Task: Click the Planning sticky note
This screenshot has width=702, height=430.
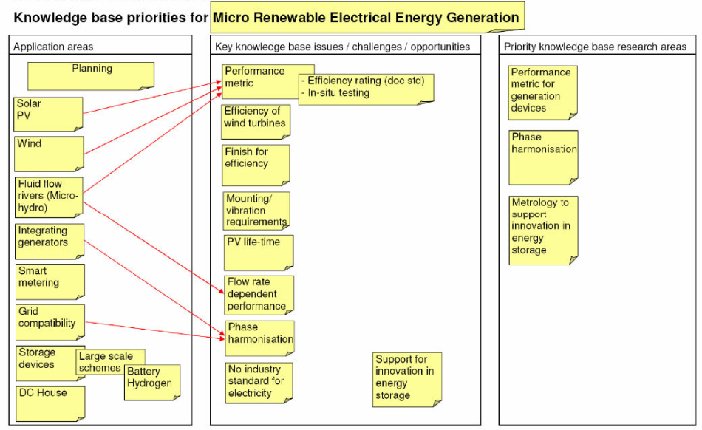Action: point(91,76)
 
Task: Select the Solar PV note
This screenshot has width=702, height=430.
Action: point(48,114)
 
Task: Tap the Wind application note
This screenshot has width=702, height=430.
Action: point(49,154)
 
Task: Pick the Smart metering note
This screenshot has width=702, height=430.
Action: point(50,281)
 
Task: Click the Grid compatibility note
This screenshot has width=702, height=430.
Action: point(50,322)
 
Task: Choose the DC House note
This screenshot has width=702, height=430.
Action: point(50,403)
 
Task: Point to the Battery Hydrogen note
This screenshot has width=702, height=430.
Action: point(152,383)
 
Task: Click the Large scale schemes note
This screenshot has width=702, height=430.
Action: point(110,362)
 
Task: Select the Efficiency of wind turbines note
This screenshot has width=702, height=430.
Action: point(256,122)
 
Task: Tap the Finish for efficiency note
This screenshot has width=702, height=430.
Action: point(256,165)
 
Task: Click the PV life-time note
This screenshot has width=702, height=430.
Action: point(259,253)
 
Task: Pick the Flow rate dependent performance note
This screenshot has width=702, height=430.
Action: point(259,295)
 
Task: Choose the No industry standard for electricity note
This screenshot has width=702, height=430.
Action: point(259,383)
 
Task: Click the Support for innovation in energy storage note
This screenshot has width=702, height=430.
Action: point(407,380)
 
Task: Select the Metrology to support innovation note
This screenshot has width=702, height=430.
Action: point(544,231)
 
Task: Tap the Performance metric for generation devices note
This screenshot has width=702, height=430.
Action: point(542,93)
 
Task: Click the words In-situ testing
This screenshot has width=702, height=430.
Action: point(338,92)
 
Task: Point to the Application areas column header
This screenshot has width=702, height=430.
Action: point(53,47)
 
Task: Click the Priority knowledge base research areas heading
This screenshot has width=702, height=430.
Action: point(595,47)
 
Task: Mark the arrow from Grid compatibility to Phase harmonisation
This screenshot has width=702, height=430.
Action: point(154,330)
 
